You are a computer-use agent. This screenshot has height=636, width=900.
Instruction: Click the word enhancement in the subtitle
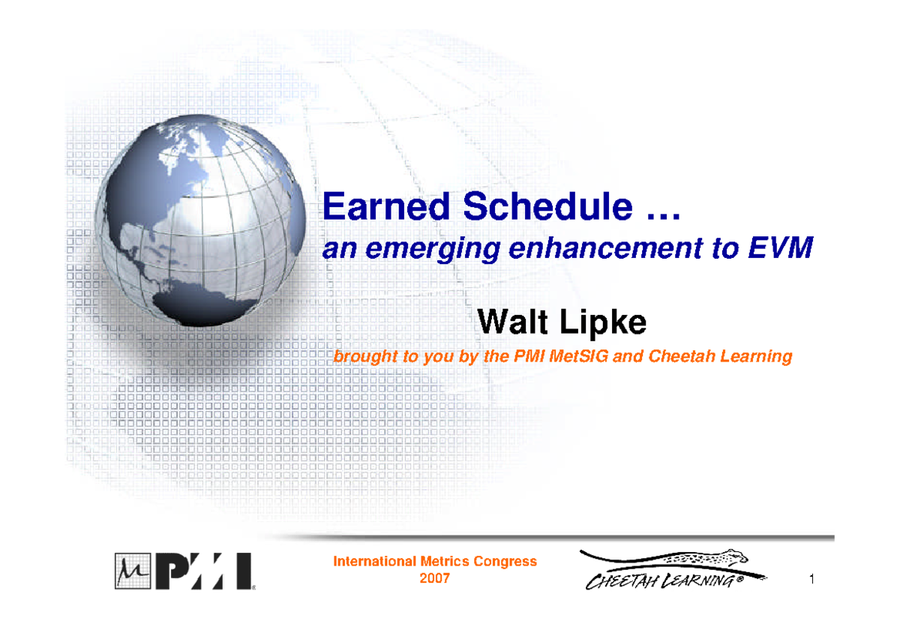tap(598, 249)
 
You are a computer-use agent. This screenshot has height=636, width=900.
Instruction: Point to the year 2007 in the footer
tap(434, 578)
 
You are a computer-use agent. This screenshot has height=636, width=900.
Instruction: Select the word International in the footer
tap(374, 562)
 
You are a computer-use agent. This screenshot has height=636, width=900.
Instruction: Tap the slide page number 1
tap(812, 579)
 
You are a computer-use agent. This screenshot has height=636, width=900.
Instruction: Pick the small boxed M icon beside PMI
tap(127, 571)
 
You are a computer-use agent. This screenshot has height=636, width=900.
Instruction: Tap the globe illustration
tap(202, 217)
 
